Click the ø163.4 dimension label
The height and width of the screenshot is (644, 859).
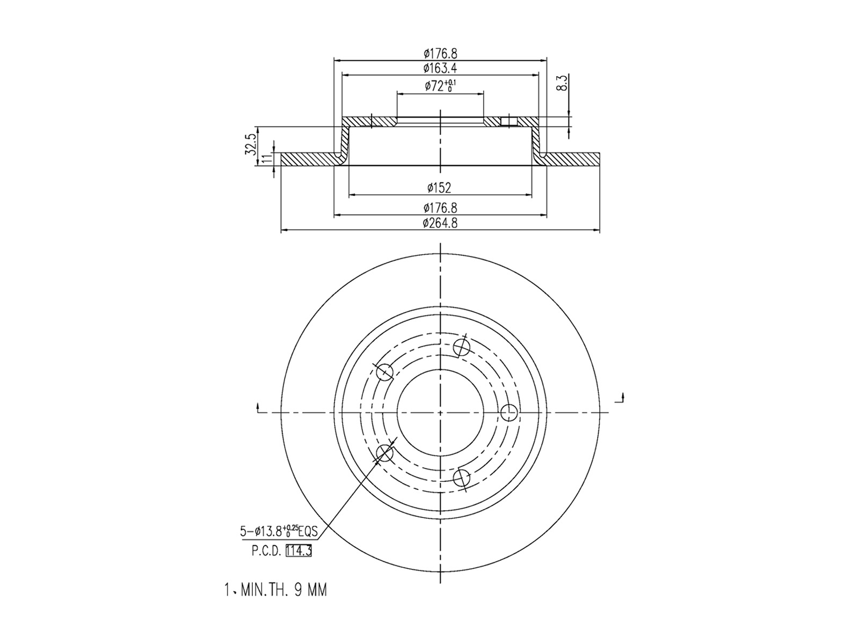click(440, 68)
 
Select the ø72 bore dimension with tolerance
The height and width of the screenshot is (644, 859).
click(440, 85)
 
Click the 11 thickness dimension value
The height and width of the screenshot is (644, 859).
click(265, 159)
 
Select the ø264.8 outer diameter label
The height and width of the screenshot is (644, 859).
click(440, 223)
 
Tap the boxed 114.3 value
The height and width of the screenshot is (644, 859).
click(299, 551)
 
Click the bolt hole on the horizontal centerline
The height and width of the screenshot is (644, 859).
click(508, 412)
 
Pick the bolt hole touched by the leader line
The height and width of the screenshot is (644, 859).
click(385, 453)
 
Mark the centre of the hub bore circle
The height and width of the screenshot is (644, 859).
click(440, 412)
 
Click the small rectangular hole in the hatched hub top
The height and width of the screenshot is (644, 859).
click(509, 121)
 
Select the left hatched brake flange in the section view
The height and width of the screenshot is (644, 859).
click(308, 159)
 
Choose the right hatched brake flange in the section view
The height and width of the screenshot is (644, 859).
click(572, 159)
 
